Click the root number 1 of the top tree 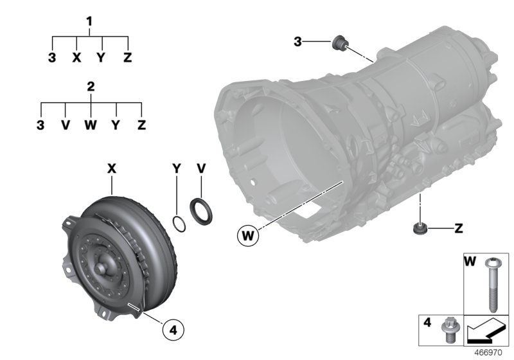point(90,21)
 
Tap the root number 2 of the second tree point(91,86)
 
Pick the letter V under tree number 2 point(65,125)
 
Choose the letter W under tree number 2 point(91,125)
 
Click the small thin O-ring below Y point(181,224)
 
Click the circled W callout point(247,236)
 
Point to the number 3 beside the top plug point(297,42)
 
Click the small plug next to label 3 point(338,44)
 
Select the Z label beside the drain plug point(458,228)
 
